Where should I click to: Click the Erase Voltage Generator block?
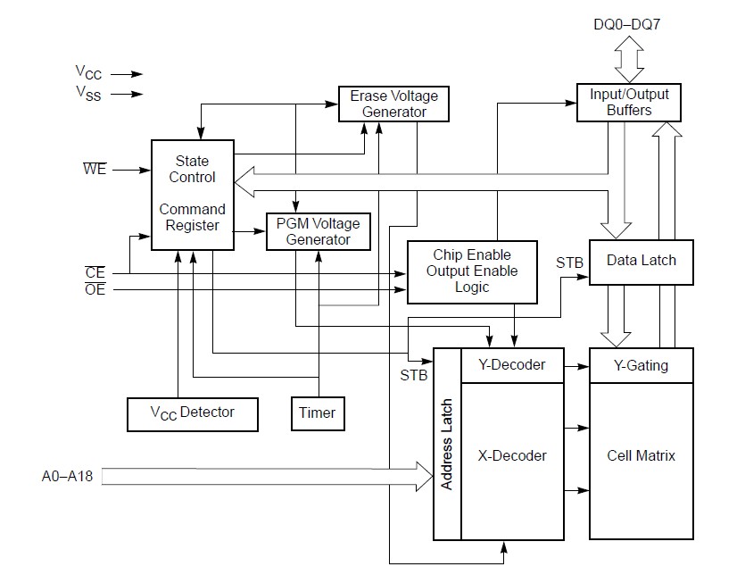click(393, 104)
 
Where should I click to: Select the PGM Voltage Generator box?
click(307, 231)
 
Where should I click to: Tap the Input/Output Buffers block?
click(629, 102)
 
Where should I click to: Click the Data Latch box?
click(641, 261)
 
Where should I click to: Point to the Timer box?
click(317, 412)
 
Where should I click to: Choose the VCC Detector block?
click(192, 412)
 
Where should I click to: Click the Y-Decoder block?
click(512, 365)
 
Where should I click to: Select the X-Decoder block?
click(512, 455)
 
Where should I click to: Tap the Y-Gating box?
click(641, 365)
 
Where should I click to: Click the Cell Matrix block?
click(641, 455)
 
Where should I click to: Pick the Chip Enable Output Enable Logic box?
click(471, 271)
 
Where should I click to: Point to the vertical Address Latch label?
click(447, 444)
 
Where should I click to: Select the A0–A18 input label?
click(67, 477)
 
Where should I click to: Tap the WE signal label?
click(95, 169)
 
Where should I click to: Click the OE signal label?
click(95, 288)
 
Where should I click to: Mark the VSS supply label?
click(89, 94)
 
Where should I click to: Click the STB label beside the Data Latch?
click(569, 263)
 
